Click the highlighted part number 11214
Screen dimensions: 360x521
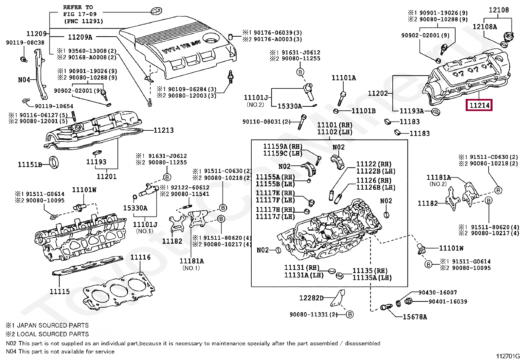[x=479, y=105]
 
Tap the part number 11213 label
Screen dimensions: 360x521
[x=164, y=130]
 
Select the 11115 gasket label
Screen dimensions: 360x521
[x=60, y=291]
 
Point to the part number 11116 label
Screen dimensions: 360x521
[x=140, y=257]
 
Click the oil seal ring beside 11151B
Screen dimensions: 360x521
[x=54, y=162]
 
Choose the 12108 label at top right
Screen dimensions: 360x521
[x=499, y=10]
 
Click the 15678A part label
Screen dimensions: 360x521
[x=415, y=317]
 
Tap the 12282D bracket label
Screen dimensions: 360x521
[x=311, y=298]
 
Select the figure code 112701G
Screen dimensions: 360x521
[x=508, y=356]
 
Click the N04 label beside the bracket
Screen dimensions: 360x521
[x=24, y=80]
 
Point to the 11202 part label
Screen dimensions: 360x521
[x=378, y=93]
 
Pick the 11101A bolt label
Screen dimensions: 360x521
[x=344, y=78]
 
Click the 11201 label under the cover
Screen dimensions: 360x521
[x=107, y=177]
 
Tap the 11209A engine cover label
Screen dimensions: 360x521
[x=80, y=37]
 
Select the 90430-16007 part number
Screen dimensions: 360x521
[x=438, y=293]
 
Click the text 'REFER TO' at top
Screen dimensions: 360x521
[x=78, y=7]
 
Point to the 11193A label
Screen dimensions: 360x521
[x=412, y=111]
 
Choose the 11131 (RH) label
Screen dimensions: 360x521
[x=301, y=268]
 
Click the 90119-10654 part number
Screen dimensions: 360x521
[x=54, y=106]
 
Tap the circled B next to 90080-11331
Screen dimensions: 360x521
[x=350, y=314]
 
